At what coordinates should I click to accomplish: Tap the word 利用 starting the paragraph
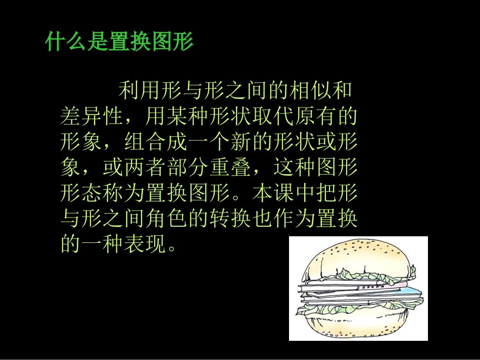pyautogui.click(x=134, y=91)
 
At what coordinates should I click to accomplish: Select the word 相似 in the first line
pyautogui.click(x=314, y=91)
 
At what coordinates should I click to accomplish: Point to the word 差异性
pyautogui.click(x=91, y=117)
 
